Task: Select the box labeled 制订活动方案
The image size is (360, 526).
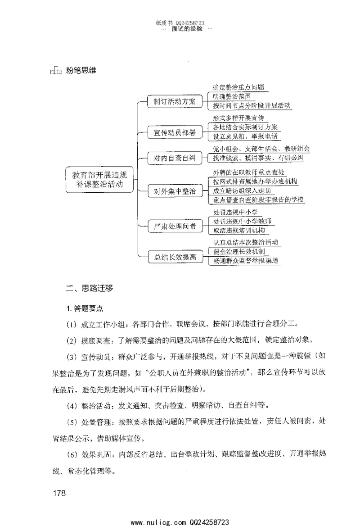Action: click(172, 101)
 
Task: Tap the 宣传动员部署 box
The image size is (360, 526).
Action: click(172, 132)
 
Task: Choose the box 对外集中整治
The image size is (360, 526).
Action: click(172, 191)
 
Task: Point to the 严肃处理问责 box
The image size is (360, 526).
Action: click(172, 226)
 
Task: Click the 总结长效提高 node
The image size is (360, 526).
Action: click(172, 257)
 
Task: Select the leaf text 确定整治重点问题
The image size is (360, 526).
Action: click(238, 88)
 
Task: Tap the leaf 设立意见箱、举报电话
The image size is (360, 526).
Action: click(245, 136)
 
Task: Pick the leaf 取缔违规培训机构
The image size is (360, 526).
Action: click(238, 230)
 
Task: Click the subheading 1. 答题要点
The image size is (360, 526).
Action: click(85, 308)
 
